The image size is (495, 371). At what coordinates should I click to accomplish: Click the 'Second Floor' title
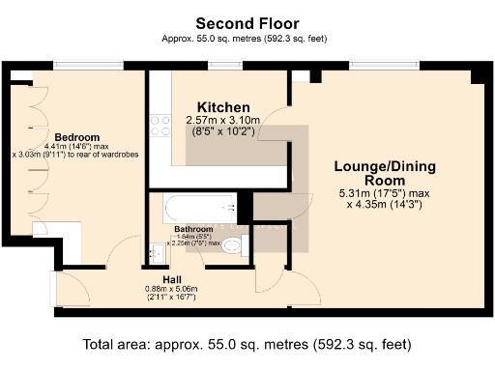pyautogui.click(x=247, y=22)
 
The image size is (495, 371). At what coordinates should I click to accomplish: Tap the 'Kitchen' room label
pyautogui.click(x=223, y=106)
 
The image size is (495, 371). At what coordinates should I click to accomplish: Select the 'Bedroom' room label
pyautogui.click(x=73, y=136)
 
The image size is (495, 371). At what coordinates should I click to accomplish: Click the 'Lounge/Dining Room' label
pyautogui.click(x=385, y=174)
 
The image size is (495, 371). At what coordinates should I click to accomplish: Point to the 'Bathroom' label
pyautogui.click(x=194, y=229)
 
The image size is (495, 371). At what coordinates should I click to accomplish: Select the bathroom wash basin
pyautogui.click(x=157, y=253)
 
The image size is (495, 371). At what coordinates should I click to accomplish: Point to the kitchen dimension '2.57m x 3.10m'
pyautogui.click(x=223, y=121)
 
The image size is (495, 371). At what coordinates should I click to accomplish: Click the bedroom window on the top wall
pyautogui.click(x=83, y=66)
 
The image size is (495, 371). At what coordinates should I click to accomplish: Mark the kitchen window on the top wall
pyautogui.click(x=218, y=66)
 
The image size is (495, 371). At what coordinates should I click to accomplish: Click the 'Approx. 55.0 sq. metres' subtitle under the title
pyautogui.click(x=247, y=40)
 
